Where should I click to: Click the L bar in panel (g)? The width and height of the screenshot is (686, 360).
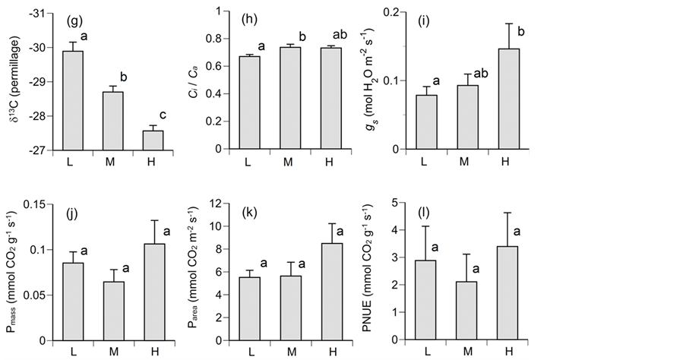73,100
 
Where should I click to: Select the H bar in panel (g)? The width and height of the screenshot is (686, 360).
153,141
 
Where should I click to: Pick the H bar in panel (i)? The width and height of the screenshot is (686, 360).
509,99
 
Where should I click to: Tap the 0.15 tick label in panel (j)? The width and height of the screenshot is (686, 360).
36,204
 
